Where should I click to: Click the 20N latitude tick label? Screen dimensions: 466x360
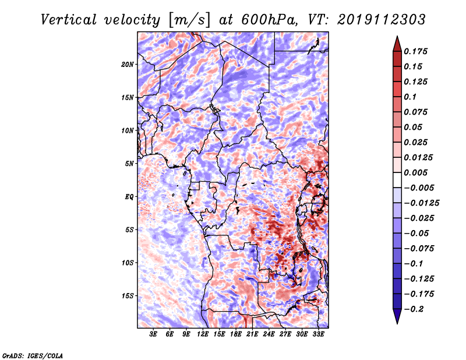(x=128, y=65)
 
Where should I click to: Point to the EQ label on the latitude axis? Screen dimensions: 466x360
(x=129, y=197)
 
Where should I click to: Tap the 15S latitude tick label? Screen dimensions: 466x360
(x=128, y=296)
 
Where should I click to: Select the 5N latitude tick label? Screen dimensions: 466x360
(x=129, y=164)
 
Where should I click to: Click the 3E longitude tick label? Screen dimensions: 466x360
(x=153, y=334)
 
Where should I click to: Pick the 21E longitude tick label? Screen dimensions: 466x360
(x=252, y=334)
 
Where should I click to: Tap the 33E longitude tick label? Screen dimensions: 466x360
(x=318, y=334)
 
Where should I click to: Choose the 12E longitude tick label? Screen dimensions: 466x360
(x=202, y=334)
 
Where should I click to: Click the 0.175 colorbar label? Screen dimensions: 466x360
(x=415, y=51)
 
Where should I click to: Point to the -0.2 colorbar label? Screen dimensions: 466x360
(x=414, y=309)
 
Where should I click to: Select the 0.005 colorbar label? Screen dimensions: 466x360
(x=415, y=172)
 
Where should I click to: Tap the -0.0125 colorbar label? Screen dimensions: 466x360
(x=421, y=203)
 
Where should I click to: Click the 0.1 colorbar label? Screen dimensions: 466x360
(x=410, y=97)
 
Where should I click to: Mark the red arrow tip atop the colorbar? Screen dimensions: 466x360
(x=397, y=36)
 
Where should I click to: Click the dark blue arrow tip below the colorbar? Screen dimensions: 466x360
(x=397, y=323)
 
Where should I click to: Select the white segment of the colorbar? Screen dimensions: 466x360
(x=397, y=180)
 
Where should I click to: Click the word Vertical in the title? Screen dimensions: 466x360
(x=69, y=20)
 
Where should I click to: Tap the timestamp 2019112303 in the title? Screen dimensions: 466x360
(x=382, y=20)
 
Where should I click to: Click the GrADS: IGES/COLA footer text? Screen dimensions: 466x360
(x=33, y=355)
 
